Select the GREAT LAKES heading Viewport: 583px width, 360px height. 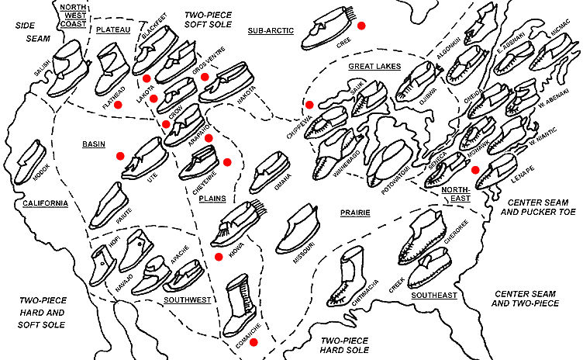tap(374, 67)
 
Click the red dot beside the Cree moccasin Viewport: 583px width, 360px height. tap(361, 26)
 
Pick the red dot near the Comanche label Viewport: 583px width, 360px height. tap(253, 341)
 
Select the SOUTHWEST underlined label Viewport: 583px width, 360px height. tap(188, 298)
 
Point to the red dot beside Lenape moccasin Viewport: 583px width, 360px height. tap(474, 170)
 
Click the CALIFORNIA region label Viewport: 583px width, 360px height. tap(44, 204)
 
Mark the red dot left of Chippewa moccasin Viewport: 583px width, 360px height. tap(309, 104)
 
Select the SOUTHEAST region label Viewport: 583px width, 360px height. tap(433, 295)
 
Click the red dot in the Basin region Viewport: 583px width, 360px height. tap(120, 156)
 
